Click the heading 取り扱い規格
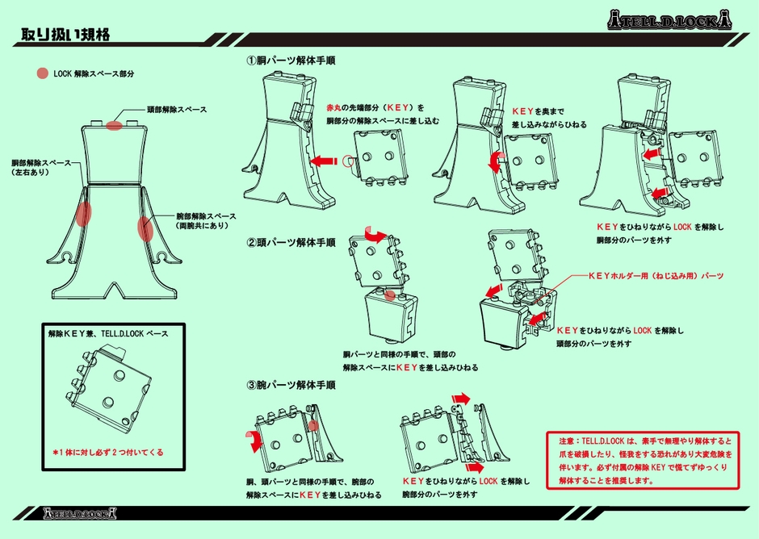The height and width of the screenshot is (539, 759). [65, 35]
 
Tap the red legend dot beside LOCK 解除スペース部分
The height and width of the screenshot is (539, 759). [42, 73]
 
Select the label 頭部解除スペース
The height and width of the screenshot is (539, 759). [177, 109]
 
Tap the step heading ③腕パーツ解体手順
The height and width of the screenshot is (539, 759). [291, 386]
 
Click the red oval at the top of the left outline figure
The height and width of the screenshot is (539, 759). [114, 125]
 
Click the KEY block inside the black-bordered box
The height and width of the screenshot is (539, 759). [101, 391]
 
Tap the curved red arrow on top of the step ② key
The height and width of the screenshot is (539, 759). [375, 234]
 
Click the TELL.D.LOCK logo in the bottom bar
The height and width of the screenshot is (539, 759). [78, 512]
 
